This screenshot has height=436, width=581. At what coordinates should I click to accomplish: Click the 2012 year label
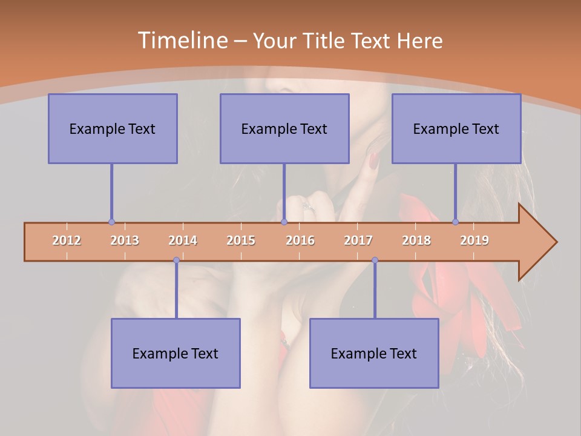point(67,240)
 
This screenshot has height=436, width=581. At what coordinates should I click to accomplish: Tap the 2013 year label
point(125,240)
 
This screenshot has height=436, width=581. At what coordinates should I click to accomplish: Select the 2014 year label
point(183,240)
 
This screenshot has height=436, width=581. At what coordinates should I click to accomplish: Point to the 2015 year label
point(241,240)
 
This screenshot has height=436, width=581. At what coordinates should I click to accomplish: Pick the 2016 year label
point(300,240)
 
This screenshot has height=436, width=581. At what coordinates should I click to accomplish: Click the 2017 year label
point(358,240)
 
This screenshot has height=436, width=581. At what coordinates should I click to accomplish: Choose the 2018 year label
point(416,240)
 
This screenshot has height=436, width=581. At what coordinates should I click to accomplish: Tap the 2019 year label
point(474,240)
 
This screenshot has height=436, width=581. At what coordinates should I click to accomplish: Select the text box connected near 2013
point(113,128)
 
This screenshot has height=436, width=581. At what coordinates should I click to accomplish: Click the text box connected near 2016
point(284,128)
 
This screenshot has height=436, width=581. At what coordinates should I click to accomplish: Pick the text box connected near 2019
point(456,128)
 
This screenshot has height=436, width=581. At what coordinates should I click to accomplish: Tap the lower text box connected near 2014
point(176,353)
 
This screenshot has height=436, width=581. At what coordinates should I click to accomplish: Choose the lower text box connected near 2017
point(374,353)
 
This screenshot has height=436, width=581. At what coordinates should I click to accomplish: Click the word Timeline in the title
point(181,41)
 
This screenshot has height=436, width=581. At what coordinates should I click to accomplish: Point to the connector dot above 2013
point(111,222)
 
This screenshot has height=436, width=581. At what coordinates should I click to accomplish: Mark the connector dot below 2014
point(176,260)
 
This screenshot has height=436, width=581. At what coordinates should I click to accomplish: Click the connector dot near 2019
point(455,222)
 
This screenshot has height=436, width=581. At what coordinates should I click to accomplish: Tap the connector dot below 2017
point(375,260)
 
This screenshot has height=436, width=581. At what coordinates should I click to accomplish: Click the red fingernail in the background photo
point(373,160)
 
